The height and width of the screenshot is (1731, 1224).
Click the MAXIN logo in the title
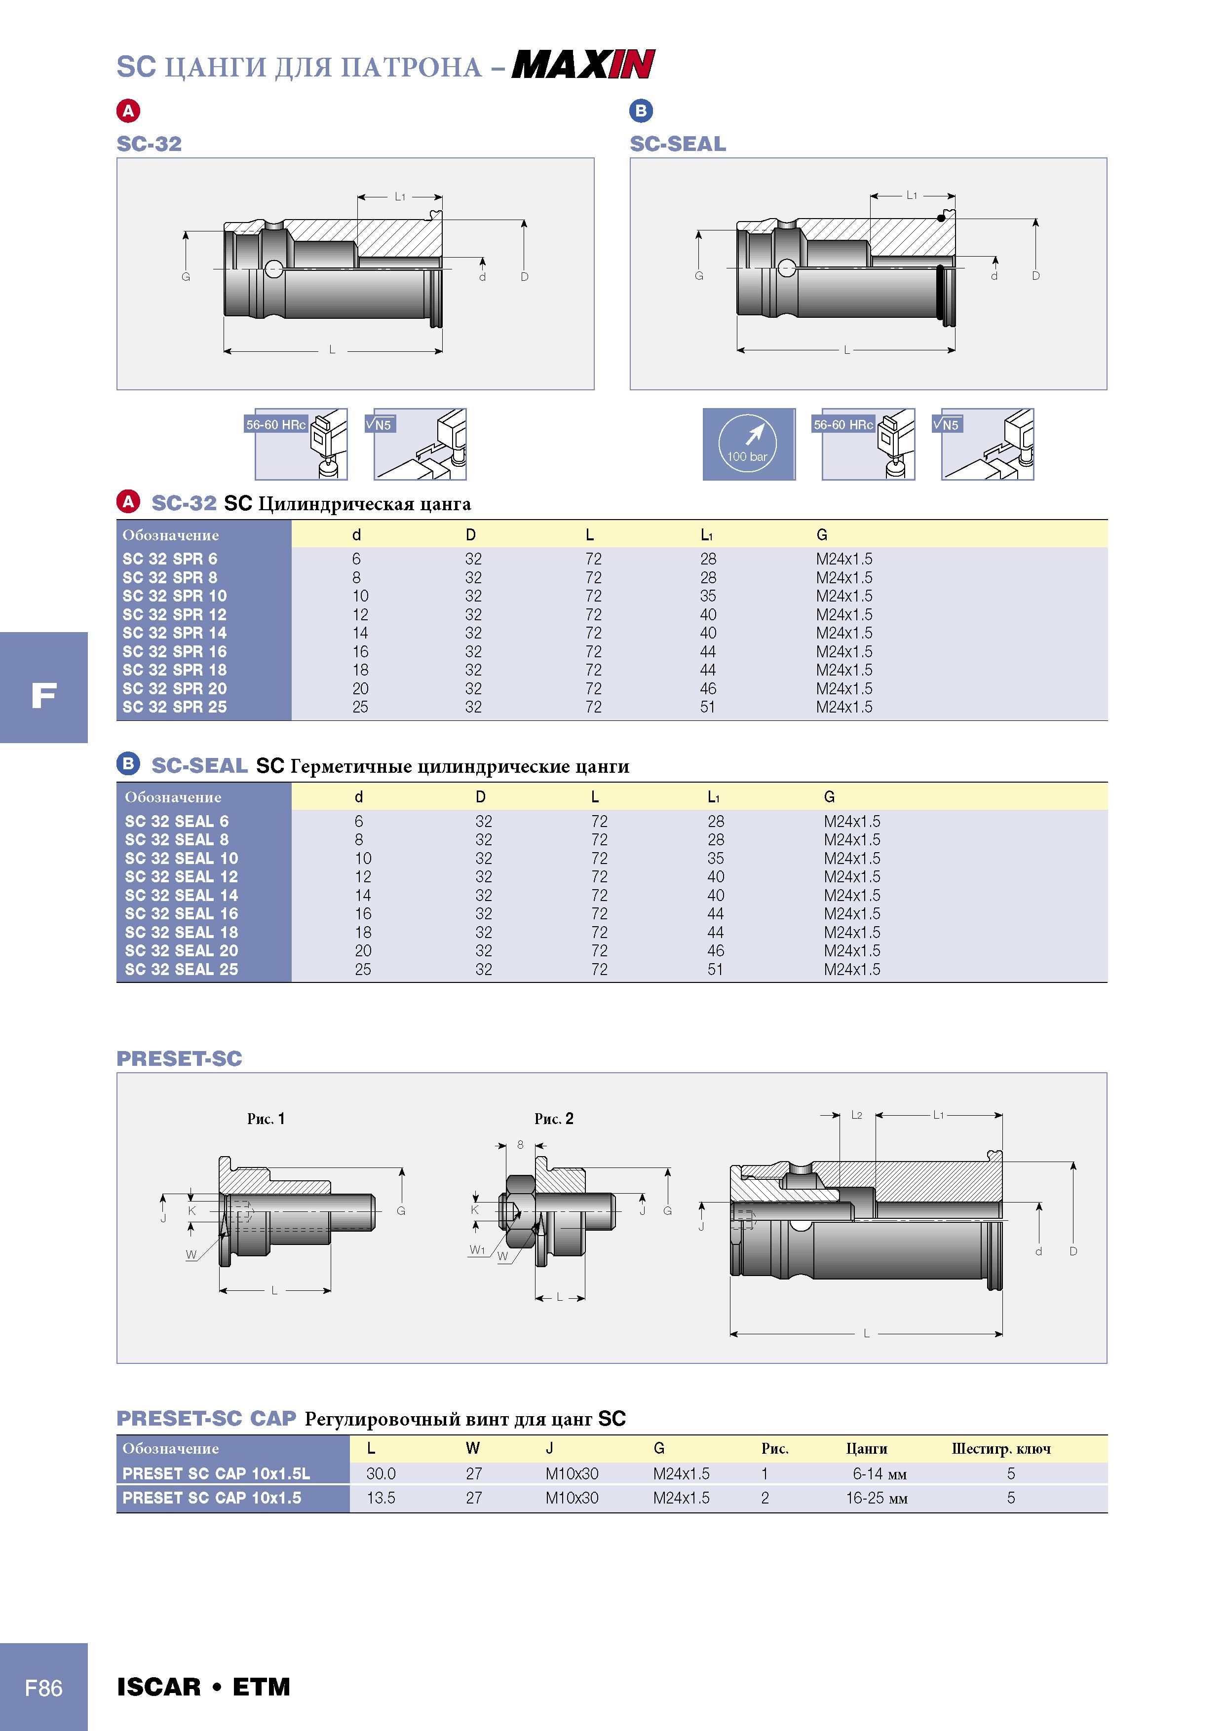coord(583,64)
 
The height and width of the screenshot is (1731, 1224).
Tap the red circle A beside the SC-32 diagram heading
coord(128,111)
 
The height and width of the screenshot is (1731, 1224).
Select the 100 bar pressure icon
coord(748,444)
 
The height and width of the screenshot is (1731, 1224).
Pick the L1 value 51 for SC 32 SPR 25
coord(707,707)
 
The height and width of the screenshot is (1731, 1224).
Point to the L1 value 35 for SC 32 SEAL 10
coord(716,858)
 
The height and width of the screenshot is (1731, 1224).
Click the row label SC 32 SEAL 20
coord(181,951)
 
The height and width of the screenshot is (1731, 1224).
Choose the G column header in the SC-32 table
coord(822,534)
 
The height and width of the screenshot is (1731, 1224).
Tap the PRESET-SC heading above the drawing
coord(180,1058)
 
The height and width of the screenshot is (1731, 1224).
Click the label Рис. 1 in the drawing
coord(266,1119)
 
